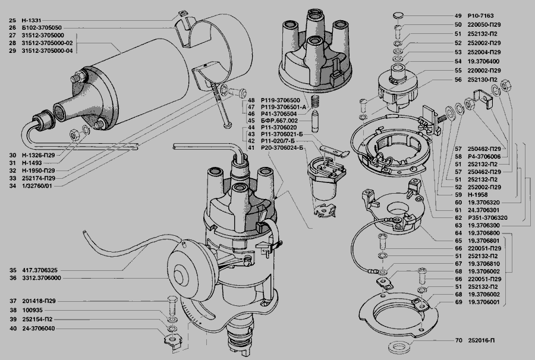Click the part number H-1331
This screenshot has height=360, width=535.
pos(32,20)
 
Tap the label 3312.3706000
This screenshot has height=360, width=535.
pos(42,278)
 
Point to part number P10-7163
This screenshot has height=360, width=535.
pos(480,15)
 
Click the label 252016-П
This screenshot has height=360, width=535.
pos(481,340)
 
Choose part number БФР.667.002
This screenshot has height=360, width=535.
pos(279,121)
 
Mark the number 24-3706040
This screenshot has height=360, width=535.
pos(38,329)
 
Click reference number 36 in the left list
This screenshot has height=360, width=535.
pos(12,278)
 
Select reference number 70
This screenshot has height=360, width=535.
pos(458,340)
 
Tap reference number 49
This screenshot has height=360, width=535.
pos(458,15)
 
